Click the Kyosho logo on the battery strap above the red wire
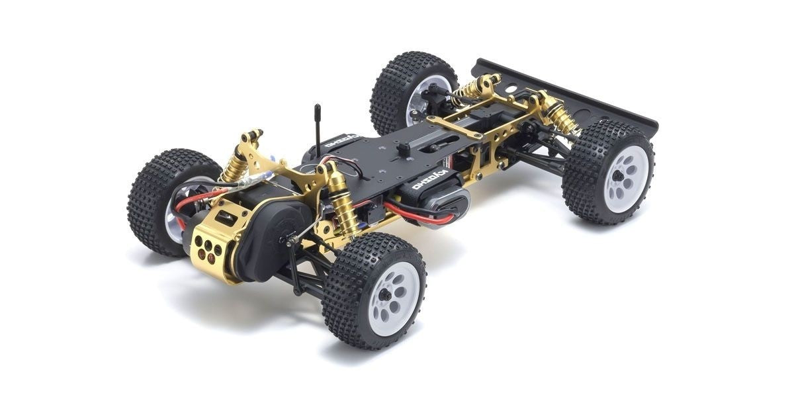[431, 181]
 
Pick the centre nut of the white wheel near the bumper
[617, 177]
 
